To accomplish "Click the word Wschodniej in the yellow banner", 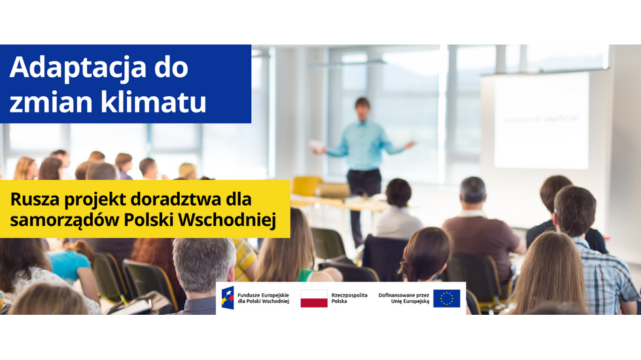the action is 228,219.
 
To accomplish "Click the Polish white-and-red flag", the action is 314,298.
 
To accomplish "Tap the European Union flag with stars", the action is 446,298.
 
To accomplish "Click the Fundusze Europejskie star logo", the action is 228,298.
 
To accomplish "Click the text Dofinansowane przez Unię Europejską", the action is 404,298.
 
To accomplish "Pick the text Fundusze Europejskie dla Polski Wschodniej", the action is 263,298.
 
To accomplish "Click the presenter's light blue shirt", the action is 363,145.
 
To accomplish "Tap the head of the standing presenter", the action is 362,109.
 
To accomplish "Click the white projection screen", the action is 542,120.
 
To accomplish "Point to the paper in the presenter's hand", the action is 317,145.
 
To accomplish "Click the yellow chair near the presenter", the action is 307,186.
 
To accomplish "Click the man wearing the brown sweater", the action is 481,229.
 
